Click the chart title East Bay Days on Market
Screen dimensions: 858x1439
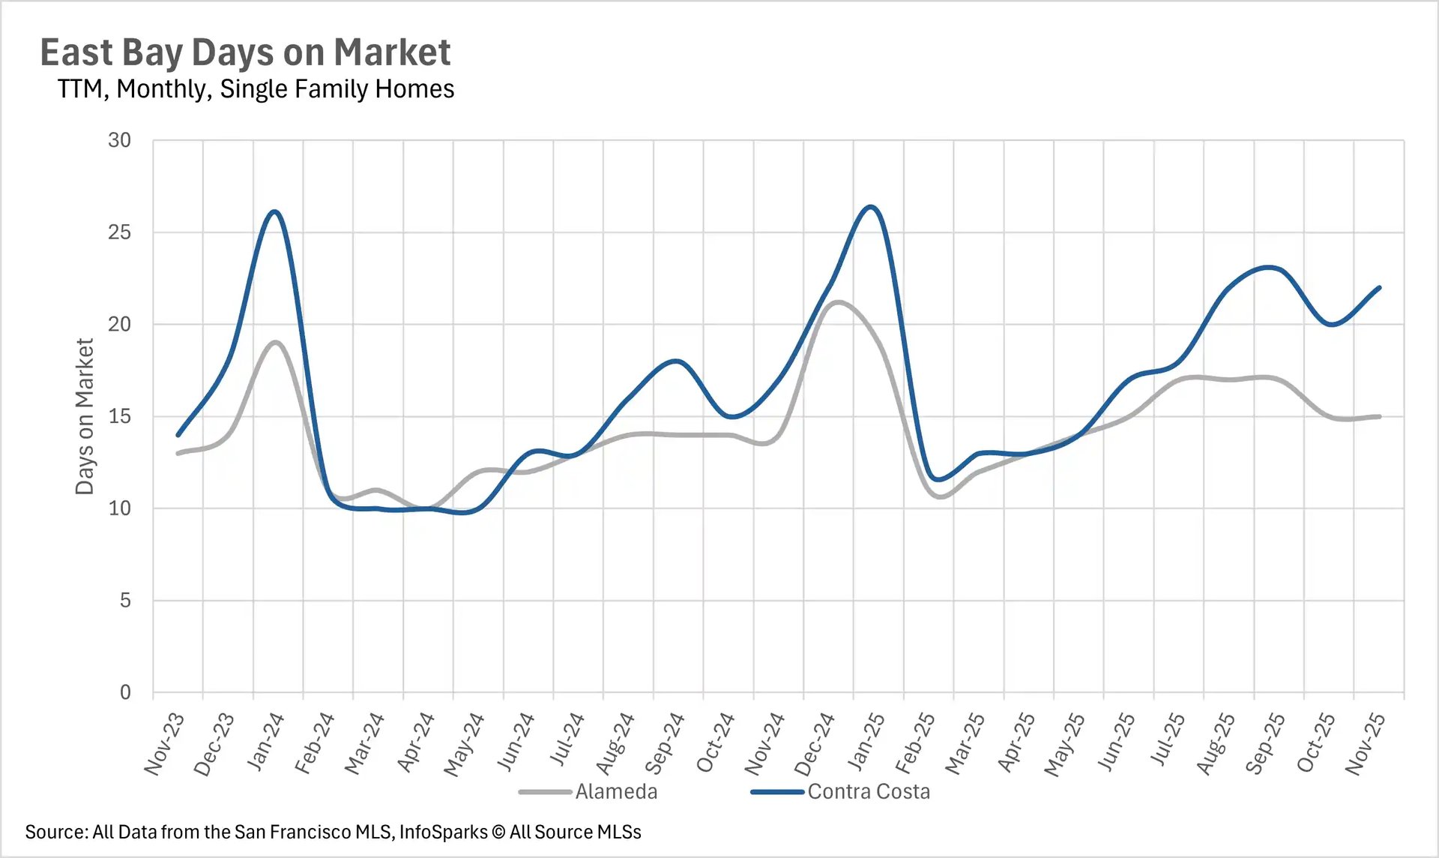(245, 52)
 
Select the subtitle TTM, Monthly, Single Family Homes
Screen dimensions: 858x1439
(256, 88)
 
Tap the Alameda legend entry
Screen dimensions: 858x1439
(615, 792)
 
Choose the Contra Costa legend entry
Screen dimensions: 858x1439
(868, 792)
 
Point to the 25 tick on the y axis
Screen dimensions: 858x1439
(119, 232)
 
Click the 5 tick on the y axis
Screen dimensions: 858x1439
(124, 601)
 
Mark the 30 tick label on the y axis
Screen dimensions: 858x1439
(119, 140)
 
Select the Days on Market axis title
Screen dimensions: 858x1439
(85, 416)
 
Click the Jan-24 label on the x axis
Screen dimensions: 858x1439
(265, 742)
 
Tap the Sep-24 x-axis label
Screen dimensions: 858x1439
(665, 743)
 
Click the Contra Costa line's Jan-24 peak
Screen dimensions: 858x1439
(275, 212)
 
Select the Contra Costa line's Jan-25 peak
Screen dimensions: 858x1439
(871, 206)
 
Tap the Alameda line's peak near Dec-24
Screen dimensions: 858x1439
(837, 302)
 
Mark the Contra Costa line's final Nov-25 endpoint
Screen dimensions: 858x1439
(1379, 288)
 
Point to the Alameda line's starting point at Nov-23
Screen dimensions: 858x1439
(178, 453)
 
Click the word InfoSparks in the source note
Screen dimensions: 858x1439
(443, 832)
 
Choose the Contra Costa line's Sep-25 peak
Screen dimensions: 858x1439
(1267, 267)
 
